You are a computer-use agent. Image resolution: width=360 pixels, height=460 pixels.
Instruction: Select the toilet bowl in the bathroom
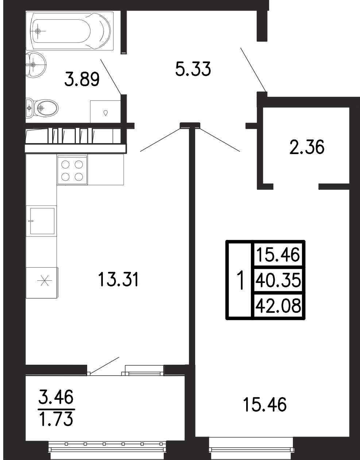42,108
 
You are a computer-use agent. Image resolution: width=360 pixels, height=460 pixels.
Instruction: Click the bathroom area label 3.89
82,79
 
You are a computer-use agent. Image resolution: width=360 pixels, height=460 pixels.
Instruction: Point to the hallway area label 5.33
193,69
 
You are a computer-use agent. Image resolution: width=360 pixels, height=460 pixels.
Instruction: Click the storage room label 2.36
307,147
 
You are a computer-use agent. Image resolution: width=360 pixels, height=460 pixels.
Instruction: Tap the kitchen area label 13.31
118,279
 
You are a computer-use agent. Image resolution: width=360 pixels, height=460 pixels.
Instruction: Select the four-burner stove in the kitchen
72,170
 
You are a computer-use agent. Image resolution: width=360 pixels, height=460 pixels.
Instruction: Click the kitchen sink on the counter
42,221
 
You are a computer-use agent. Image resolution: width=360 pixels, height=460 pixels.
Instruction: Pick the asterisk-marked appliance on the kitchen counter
42,283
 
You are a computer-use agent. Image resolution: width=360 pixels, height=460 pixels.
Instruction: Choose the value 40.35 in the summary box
278,280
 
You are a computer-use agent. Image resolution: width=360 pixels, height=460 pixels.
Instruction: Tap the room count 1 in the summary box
240,280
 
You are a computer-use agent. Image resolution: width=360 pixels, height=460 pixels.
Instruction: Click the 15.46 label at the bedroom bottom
265,405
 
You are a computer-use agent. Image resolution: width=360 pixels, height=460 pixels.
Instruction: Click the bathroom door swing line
111,77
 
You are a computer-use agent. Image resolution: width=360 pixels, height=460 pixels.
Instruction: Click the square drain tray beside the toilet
105,112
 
